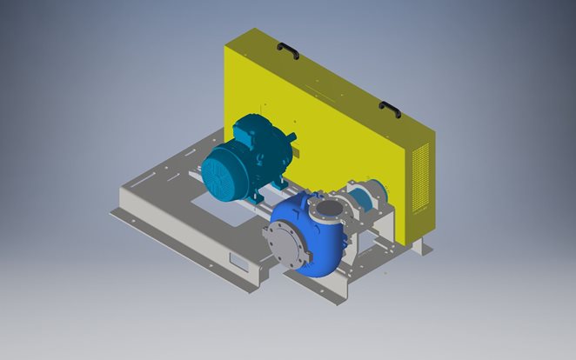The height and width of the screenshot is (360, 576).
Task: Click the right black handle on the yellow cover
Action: coord(390,110)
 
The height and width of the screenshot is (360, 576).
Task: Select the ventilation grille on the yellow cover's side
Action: coord(423,177)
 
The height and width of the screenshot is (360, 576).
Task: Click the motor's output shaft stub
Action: coord(292,137)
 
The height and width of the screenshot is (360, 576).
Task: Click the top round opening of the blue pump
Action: coord(330,210)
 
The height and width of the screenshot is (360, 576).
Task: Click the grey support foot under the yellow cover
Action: coord(421,247)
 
